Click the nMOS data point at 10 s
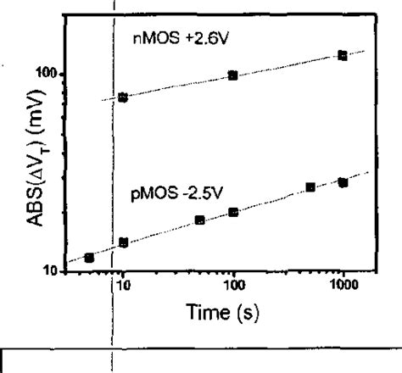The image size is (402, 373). click(x=123, y=97)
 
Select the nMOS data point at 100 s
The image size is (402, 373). click(x=232, y=75)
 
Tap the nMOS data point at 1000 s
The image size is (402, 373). click(x=342, y=55)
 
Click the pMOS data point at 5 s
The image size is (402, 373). click(x=89, y=258)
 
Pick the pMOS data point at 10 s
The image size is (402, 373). click(x=123, y=242)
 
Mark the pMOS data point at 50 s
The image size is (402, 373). click(x=199, y=220)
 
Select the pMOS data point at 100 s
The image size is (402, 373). click(x=232, y=212)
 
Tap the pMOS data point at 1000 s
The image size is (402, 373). click(x=343, y=182)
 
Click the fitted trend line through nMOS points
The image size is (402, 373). click(x=280, y=68)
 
